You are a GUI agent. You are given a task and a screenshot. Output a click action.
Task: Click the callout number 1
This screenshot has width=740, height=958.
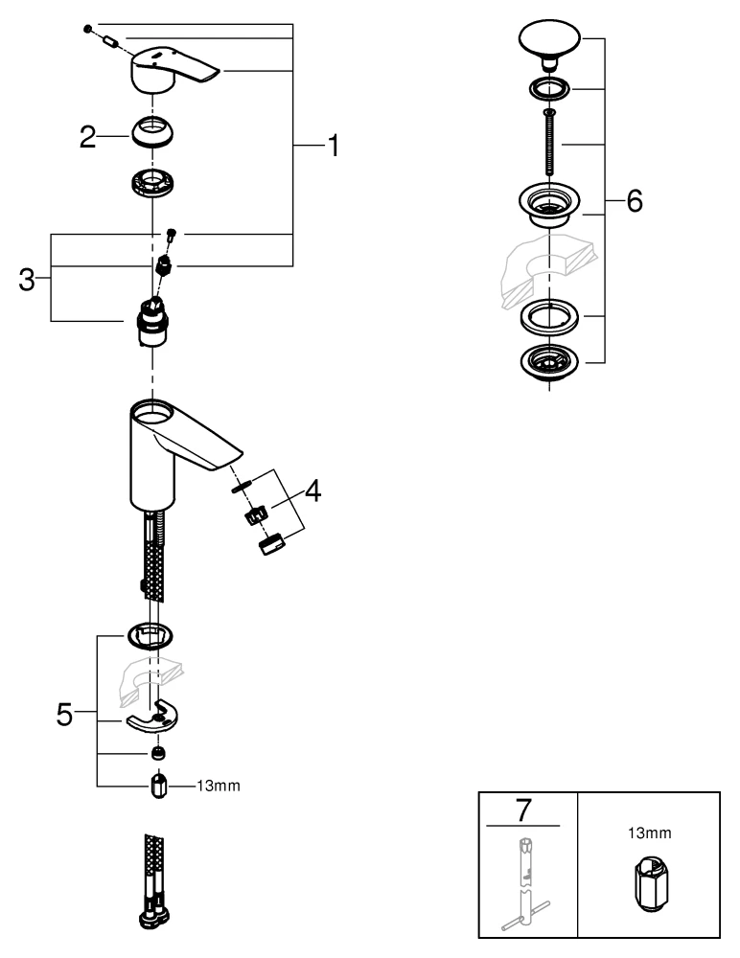pos(331,146)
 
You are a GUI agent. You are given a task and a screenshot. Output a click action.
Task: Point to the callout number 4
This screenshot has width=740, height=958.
pos(312,491)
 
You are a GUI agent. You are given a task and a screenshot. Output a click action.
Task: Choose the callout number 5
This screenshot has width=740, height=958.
pos(64,715)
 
